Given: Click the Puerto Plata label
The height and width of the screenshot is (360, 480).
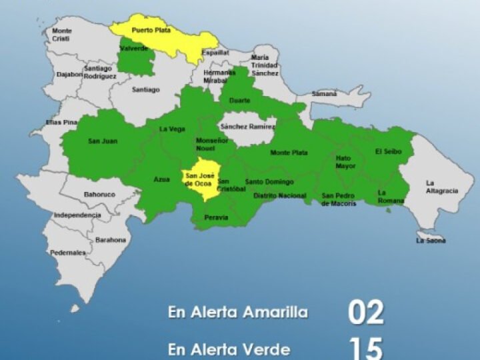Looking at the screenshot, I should pyautogui.click(x=150, y=30).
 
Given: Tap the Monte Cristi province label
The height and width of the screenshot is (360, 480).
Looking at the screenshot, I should pyautogui.click(x=61, y=35).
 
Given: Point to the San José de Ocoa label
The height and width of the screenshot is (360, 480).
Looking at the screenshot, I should pyautogui.click(x=199, y=179).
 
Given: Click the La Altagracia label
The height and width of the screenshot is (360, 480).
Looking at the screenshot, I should pyautogui.click(x=441, y=187).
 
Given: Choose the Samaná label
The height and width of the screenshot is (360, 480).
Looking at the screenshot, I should pyautogui.click(x=325, y=94).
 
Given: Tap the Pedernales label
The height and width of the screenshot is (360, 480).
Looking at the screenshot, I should pyautogui.click(x=67, y=253).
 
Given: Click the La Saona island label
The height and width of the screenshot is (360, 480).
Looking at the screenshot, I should pyautogui.click(x=431, y=241).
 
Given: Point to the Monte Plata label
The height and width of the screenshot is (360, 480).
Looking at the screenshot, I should pyautogui.click(x=289, y=153).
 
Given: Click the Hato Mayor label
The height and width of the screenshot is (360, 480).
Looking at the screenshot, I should pyautogui.click(x=345, y=162).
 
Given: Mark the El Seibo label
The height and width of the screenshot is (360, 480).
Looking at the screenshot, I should pyautogui.click(x=389, y=151).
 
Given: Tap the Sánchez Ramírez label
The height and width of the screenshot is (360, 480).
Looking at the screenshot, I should pyautogui.click(x=248, y=126).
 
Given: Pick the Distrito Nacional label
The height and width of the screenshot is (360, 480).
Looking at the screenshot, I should pyautogui.click(x=280, y=196).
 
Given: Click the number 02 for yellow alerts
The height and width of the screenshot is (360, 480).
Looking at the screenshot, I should pyautogui.click(x=366, y=312).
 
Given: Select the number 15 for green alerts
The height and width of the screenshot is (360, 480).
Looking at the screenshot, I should pyautogui.click(x=366, y=347).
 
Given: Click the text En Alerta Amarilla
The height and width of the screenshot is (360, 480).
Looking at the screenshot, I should pyautogui.click(x=238, y=313).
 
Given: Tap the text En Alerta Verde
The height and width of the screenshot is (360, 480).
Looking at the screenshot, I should pyautogui.click(x=229, y=349).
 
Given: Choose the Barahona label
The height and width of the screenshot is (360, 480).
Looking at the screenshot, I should pyautogui.click(x=110, y=239).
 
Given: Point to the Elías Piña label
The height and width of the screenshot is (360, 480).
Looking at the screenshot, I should pyautogui.click(x=61, y=122).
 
